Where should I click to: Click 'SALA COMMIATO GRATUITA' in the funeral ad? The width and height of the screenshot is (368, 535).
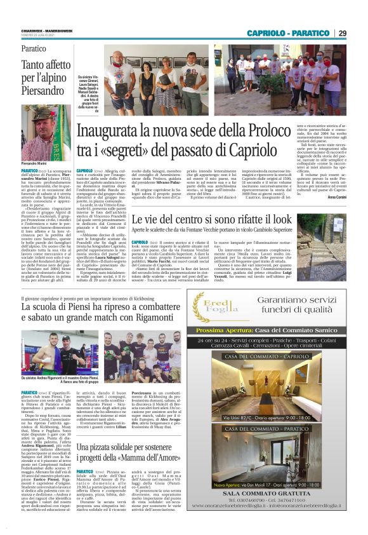pos(275,510)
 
